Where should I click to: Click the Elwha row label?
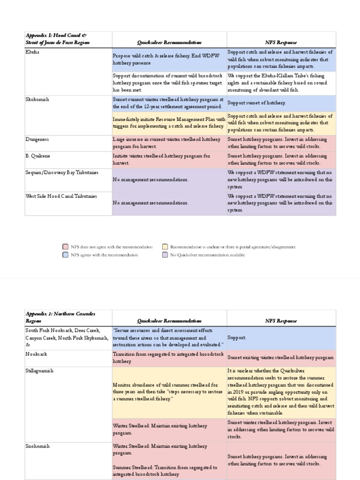tap(32, 52)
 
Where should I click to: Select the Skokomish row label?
tap(37, 99)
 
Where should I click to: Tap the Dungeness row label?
tap(37, 139)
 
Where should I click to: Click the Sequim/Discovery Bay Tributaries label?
tap(62, 172)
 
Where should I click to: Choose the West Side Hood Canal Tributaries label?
tap(61, 196)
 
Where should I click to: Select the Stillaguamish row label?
tap(39, 370)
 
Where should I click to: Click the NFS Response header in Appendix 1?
tap(281, 43)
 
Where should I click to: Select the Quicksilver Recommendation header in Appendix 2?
tap(169, 321)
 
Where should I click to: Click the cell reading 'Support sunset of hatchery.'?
tap(256, 103)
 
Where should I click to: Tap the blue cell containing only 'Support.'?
tap(237, 337)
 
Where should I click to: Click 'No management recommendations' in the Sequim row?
tap(150, 180)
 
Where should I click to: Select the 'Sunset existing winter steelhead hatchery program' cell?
tap(281, 358)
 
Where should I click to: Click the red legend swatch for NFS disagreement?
tap(66, 247)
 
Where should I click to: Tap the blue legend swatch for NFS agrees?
tap(66, 255)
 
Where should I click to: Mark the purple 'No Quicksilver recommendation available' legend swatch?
tap(165, 255)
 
